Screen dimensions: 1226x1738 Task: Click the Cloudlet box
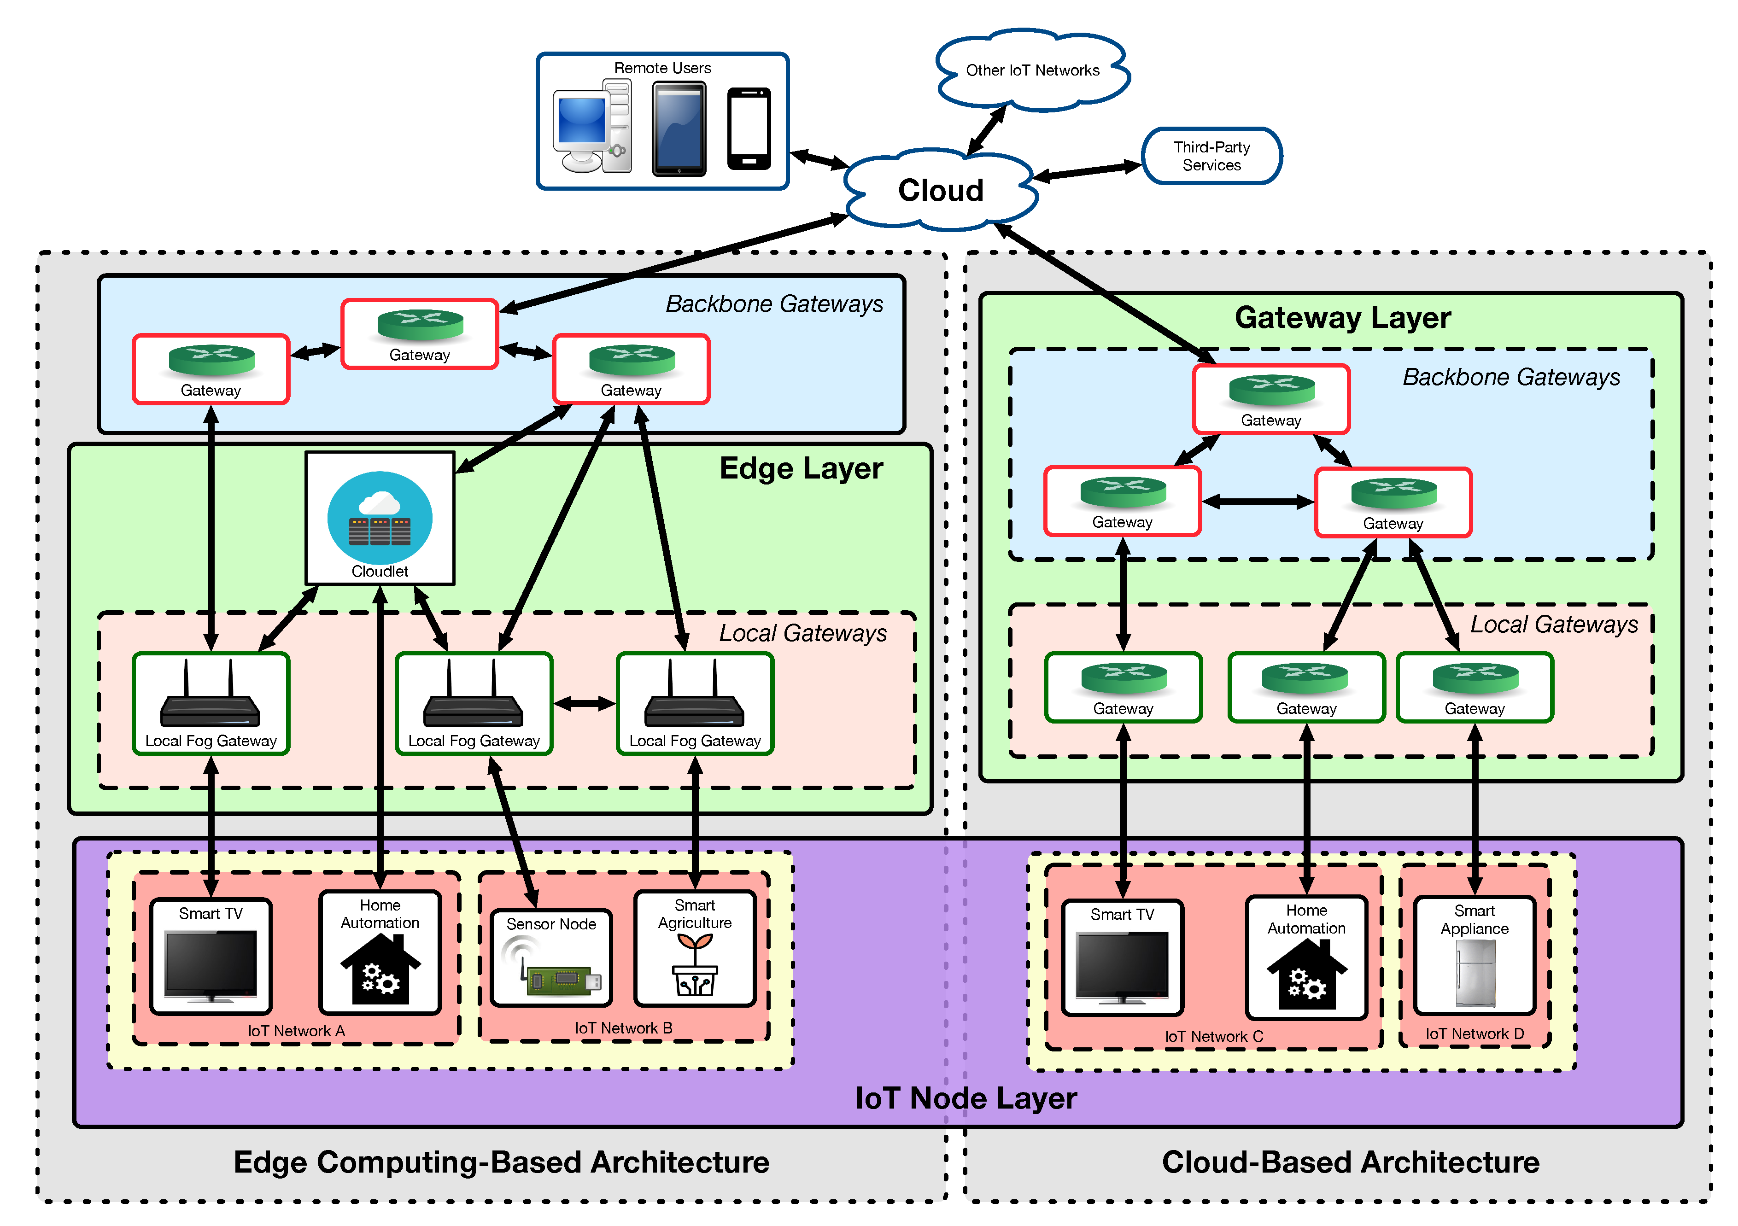(x=380, y=519)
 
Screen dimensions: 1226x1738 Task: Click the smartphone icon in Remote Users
(x=749, y=128)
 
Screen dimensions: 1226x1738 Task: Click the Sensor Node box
(x=551, y=957)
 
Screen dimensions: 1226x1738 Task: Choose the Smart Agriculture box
(x=695, y=948)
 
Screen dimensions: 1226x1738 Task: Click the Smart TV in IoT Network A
(x=211, y=956)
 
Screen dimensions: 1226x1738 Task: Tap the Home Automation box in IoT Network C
(x=1306, y=957)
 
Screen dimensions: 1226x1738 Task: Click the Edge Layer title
(x=801, y=468)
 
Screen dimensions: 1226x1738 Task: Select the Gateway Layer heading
(x=1342, y=318)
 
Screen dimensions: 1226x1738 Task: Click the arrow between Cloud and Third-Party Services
(x=1088, y=171)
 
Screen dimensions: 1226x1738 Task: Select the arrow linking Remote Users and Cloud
(x=818, y=160)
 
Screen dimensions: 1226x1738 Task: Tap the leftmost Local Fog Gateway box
(x=211, y=704)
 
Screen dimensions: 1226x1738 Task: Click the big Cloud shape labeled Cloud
(x=940, y=190)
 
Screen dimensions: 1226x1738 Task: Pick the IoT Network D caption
(x=1475, y=1034)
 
